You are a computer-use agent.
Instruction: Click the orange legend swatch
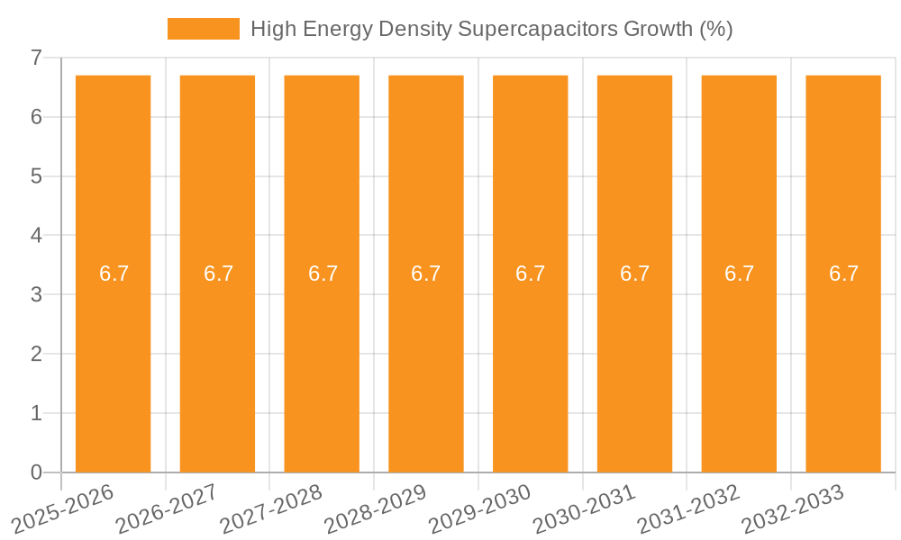pyautogui.click(x=203, y=29)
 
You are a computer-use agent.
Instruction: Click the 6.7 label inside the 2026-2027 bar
pyautogui.click(x=218, y=274)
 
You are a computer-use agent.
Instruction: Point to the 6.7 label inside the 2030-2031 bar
pyautogui.click(x=634, y=274)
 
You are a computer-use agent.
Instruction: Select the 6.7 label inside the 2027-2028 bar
pyautogui.click(x=323, y=274)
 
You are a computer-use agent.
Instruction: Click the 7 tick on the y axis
pyautogui.click(x=36, y=58)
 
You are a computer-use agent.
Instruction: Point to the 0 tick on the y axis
pyautogui.click(x=36, y=472)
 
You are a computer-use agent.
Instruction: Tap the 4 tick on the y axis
pyautogui.click(x=36, y=236)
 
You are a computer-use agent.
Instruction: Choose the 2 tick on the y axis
pyautogui.click(x=36, y=354)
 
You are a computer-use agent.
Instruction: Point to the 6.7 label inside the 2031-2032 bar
pyautogui.click(x=739, y=274)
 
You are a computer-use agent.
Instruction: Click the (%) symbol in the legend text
pyautogui.click(x=715, y=29)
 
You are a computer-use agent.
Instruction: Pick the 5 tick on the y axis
pyautogui.click(x=36, y=176)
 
